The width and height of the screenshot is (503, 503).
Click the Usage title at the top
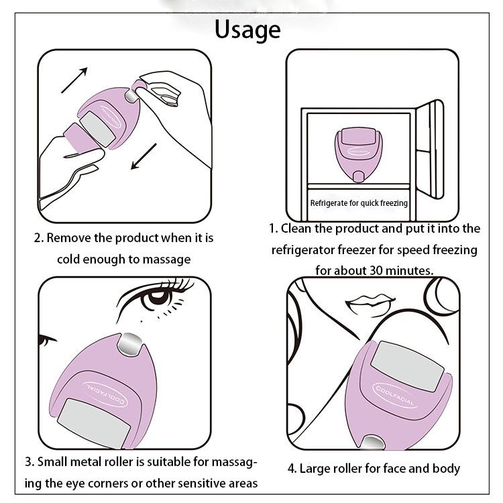[247, 30]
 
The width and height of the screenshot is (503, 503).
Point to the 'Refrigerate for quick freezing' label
[359, 202]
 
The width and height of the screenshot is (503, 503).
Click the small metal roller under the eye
[132, 347]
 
